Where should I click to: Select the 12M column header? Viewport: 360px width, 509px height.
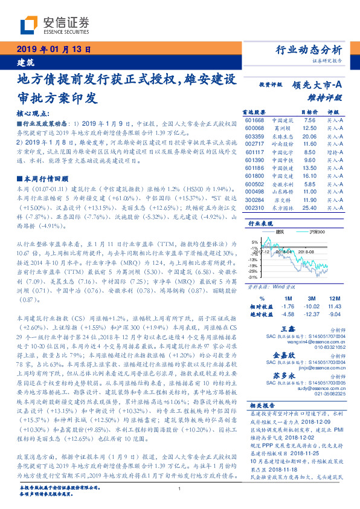tap(333, 297)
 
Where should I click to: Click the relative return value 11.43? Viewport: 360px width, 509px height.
tap(333, 306)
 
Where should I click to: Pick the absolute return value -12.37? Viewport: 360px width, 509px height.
tap(311, 314)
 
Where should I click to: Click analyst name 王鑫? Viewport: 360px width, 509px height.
tap(288, 328)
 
